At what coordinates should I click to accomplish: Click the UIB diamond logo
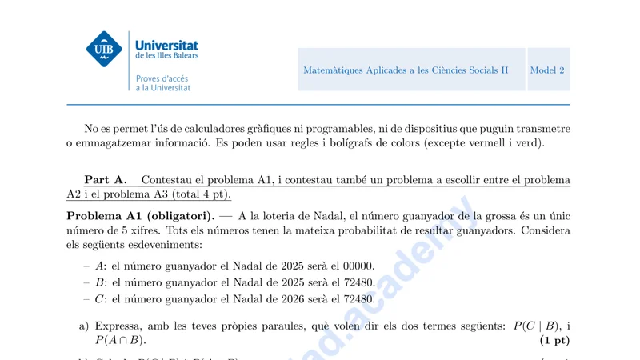coord(104,50)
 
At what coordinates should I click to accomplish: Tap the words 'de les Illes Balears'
coord(167,56)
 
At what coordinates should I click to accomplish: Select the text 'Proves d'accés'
coord(162,78)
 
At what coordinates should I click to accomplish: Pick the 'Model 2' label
coord(547,70)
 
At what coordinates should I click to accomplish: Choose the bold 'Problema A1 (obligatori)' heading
coord(140,216)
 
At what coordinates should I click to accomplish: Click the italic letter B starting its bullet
coord(99,282)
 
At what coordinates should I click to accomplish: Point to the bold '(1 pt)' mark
coord(554,341)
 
